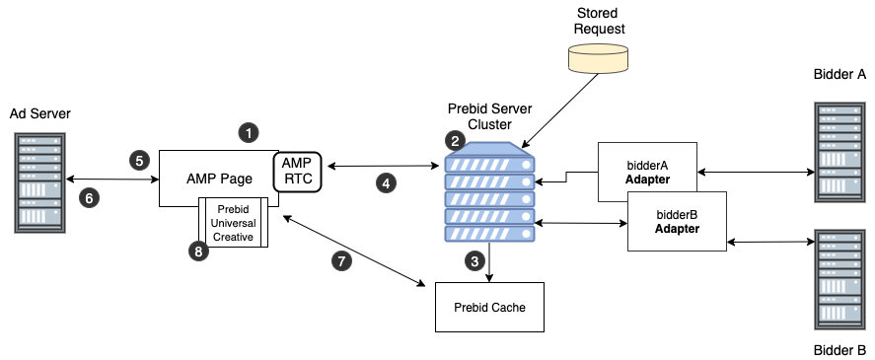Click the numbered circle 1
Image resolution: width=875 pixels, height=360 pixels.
click(250, 131)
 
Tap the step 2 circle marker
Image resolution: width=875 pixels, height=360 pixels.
click(455, 140)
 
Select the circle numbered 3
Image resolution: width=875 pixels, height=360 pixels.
click(475, 261)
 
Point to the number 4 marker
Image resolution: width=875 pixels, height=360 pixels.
click(386, 182)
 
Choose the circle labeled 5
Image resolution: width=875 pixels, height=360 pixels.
click(139, 160)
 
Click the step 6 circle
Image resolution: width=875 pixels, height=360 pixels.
click(89, 198)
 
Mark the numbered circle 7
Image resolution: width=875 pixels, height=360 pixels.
click(341, 260)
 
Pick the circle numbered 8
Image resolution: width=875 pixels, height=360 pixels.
click(198, 252)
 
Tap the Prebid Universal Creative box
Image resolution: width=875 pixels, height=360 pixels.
click(234, 223)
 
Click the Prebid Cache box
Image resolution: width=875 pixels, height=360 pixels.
click(489, 307)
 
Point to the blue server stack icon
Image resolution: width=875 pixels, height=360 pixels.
click(490, 195)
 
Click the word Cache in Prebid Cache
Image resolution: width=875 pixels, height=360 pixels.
click(508, 308)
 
